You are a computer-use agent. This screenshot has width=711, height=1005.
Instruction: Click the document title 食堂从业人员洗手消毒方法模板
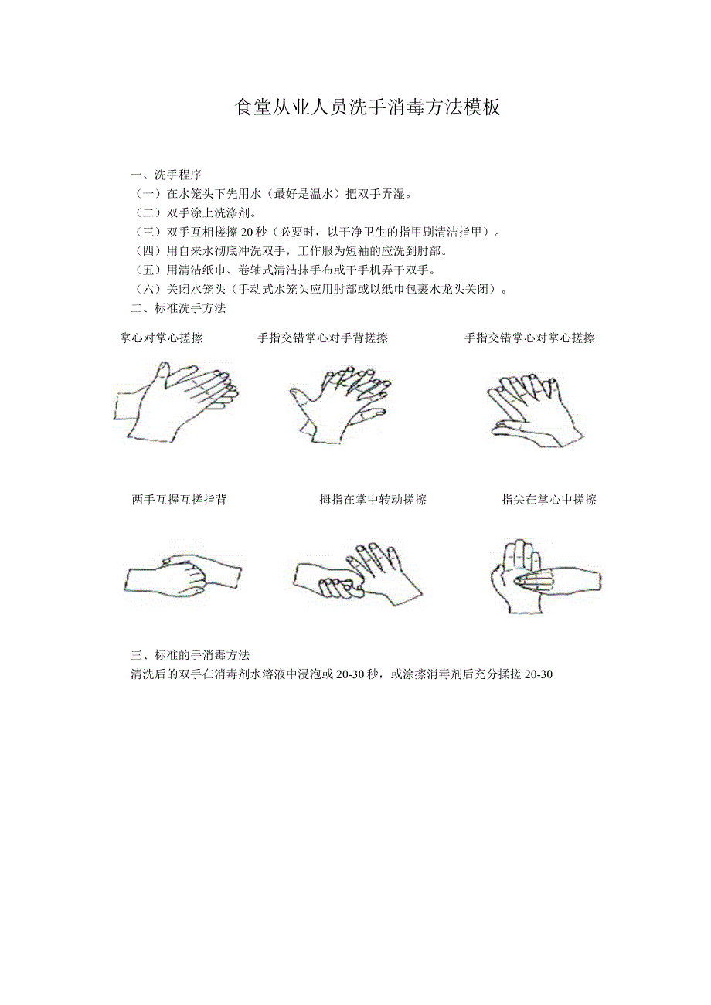pos(368,107)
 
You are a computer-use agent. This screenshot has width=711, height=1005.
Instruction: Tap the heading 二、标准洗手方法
pos(178,308)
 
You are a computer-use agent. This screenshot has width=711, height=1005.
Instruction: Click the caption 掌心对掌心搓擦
pos(162,338)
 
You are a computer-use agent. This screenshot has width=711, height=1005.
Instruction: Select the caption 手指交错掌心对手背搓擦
pos(323,338)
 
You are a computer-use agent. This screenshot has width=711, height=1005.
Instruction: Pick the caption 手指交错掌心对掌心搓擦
pos(529,338)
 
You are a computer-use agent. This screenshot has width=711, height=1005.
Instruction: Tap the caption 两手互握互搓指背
pos(179,500)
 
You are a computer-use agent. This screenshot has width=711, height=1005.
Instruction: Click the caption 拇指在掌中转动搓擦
pos(373,500)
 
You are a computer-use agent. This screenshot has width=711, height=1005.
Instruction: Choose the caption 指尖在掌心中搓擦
pos(549,500)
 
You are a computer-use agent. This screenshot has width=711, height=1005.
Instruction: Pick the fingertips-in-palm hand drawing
pos(543,575)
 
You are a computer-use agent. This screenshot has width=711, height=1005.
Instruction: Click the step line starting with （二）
pos(196,212)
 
